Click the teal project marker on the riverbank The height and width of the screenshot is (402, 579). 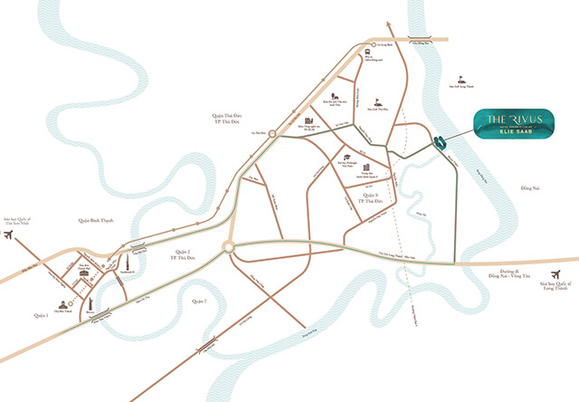pos(439,141)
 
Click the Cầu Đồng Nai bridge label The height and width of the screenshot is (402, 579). pos(433,39)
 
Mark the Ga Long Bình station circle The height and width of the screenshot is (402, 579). pos(371,43)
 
